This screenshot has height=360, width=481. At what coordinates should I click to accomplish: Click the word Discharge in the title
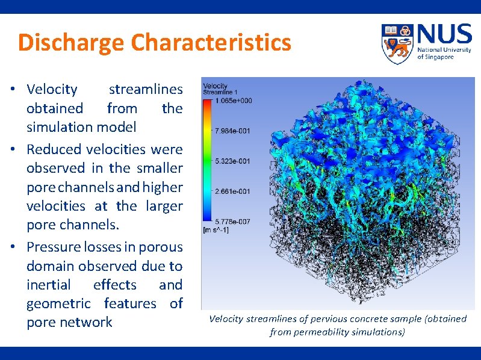71,43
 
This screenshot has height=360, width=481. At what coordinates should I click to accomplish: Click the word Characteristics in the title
211,43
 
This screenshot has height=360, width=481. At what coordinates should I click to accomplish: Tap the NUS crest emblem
398,44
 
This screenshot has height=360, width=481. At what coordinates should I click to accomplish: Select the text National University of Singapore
444,54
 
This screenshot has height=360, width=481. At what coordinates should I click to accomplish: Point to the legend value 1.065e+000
236,101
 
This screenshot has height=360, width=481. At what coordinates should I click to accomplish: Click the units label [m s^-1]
216,230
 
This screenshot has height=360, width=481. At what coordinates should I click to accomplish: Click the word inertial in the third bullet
48,285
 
